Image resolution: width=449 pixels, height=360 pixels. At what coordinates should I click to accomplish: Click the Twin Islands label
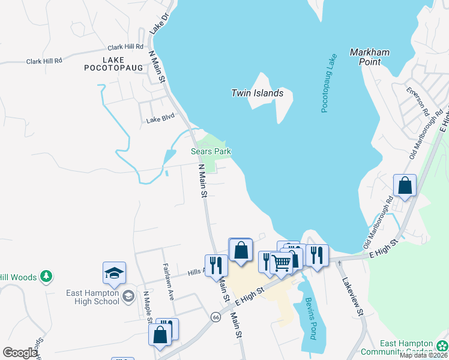pos(257,93)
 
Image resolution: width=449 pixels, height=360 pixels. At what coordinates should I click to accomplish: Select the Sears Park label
pos(211,152)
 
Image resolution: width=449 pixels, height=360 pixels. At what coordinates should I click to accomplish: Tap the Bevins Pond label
pos(310,319)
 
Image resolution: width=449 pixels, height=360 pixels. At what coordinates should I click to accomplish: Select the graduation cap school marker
pos(114,274)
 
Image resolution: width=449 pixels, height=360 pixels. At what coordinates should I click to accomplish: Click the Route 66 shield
pos(214,316)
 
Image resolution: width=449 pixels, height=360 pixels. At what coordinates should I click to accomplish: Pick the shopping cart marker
pos(281,262)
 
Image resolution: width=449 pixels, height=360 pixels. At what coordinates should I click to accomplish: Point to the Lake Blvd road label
pos(160,120)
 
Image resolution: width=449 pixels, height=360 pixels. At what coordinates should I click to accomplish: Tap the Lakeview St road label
pos(353,296)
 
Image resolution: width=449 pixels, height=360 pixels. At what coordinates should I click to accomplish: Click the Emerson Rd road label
pos(417,103)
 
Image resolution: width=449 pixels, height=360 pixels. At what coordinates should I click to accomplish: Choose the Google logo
pos(20,353)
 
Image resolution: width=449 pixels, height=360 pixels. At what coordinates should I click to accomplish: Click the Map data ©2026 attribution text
pos(423,355)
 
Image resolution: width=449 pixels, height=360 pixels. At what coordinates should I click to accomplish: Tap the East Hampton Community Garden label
pos(406,347)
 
